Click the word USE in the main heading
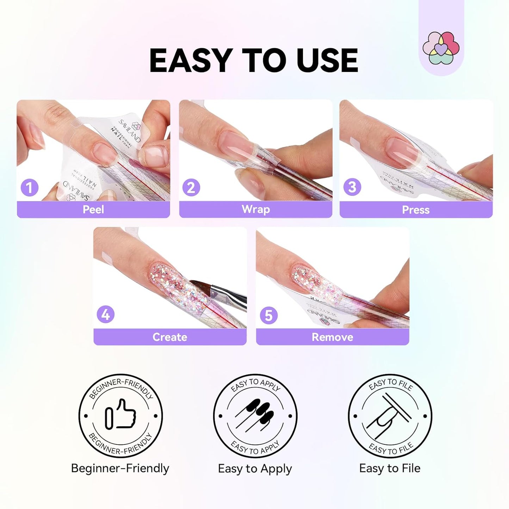click(x=327, y=60)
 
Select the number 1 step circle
click(x=30, y=187)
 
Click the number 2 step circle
click(x=191, y=187)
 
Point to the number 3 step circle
click(x=352, y=187)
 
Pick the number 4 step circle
click(x=106, y=315)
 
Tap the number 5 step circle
click(x=268, y=315)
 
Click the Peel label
click(x=93, y=210)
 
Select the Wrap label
click(x=256, y=209)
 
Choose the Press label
click(x=416, y=210)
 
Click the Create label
click(x=170, y=337)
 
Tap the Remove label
click(x=332, y=337)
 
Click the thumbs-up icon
click(x=121, y=414)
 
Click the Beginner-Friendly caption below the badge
click(x=120, y=468)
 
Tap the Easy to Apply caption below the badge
click(x=255, y=469)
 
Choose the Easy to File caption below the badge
click(x=390, y=468)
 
